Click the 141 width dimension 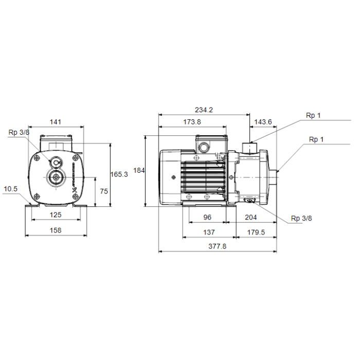pyautogui.click(x=56, y=122)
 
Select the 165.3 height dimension pyautogui.click(x=119, y=174)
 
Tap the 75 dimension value pyautogui.click(x=104, y=191)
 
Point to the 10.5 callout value pyautogui.click(x=11, y=189)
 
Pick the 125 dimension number pyautogui.click(x=56, y=215)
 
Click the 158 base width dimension pyautogui.click(x=56, y=230)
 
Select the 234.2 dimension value pyautogui.click(x=204, y=110)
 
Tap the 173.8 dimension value pyautogui.click(x=192, y=122)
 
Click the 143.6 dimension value pyautogui.click(x=263, y=122)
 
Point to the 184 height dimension pyautogui.click(x=139, y=170)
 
